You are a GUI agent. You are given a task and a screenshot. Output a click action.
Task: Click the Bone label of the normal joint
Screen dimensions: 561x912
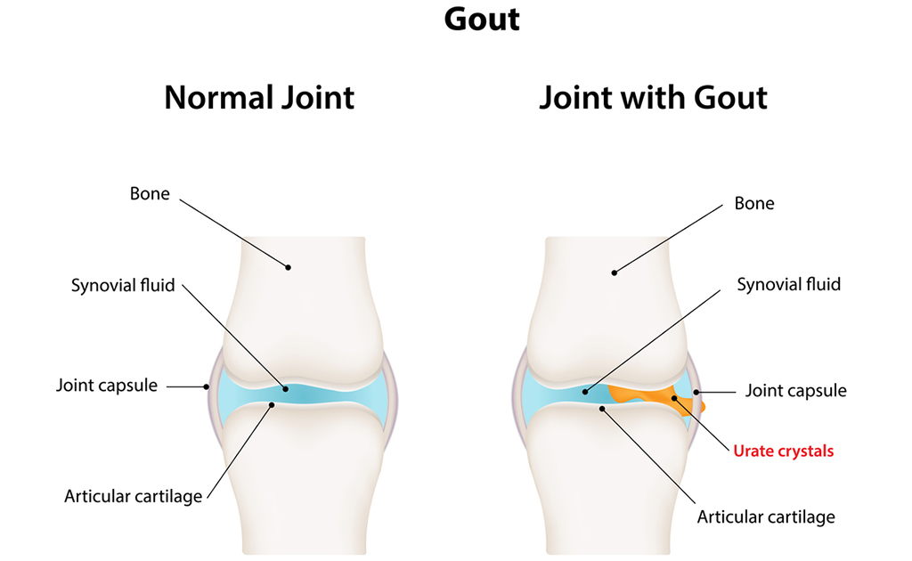150,193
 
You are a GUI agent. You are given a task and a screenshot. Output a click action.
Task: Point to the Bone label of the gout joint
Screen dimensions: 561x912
754,203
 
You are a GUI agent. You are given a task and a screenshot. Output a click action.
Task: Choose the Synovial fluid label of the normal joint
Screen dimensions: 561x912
123,286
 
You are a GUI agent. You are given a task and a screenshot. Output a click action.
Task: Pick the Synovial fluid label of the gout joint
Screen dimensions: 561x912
788,285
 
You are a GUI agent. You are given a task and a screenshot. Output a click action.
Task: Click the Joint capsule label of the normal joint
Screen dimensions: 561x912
107,386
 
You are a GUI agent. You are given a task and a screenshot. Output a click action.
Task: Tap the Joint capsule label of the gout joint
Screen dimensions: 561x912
796,390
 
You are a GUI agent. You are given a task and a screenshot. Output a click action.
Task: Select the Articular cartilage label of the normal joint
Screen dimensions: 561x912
134,496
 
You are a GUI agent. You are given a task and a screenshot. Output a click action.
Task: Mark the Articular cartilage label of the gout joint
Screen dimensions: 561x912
766,516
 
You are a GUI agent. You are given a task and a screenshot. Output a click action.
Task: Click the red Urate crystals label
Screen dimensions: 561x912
784,451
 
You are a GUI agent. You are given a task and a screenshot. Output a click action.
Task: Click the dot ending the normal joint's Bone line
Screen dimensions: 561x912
288,265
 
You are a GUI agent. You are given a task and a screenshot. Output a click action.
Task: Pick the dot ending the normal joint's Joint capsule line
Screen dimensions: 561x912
207,386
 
